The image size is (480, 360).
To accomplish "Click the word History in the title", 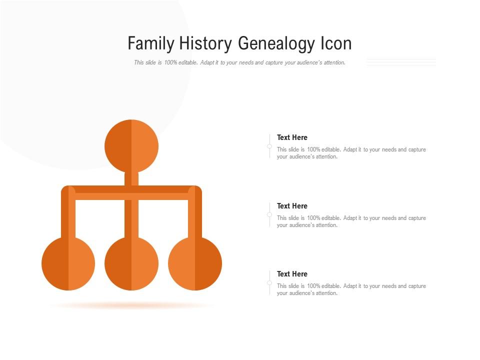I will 202,43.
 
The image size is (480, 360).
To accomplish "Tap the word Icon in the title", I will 336,43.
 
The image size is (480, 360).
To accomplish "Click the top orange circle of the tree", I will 131,146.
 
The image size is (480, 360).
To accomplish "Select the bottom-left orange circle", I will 68,263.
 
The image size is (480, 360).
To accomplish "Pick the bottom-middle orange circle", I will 131,263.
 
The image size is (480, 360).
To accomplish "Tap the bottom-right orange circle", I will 195,263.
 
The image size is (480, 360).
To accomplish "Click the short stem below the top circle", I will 131,179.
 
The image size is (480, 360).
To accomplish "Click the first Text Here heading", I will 292,137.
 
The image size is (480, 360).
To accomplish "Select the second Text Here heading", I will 292,206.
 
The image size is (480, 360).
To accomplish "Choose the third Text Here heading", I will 292,274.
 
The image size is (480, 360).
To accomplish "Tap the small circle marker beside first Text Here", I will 269,146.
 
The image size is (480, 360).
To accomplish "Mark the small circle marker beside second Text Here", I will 269,214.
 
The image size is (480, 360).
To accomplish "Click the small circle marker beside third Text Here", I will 269,283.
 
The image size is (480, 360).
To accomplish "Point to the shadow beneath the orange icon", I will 131,305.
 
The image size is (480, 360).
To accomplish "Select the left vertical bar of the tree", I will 68,215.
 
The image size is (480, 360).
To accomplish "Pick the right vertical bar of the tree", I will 195,215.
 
